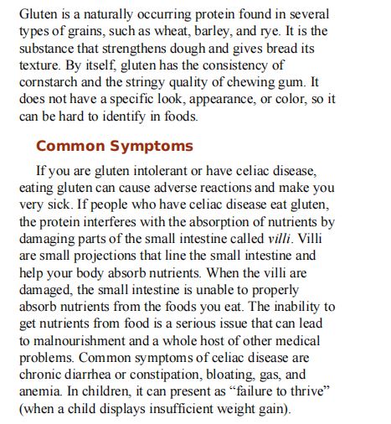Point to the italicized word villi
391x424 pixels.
tap(272, 239)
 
